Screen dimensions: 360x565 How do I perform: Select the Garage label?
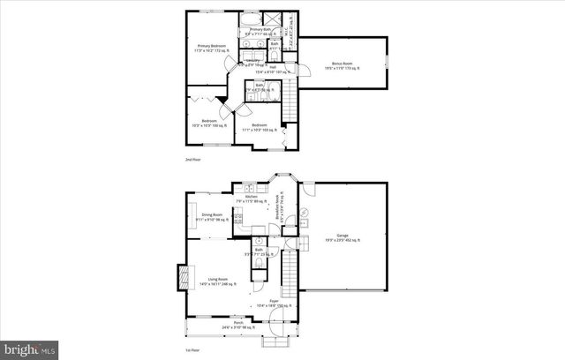click(342, 237)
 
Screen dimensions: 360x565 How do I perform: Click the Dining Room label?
click(212, 216)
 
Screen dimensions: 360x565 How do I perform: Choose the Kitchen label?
click(251, 199)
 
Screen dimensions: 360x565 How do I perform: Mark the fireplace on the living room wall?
click(185, 276)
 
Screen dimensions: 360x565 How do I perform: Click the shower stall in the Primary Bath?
click(287, 20)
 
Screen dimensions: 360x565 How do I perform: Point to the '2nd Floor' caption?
click(193, 160)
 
